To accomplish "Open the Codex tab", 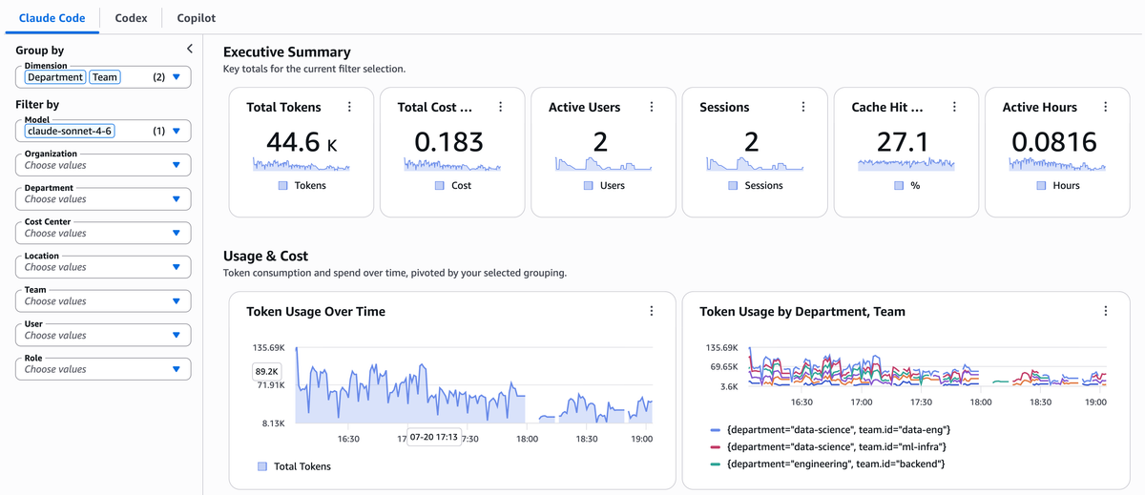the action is coord(131,18).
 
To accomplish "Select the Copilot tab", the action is coord(196,18).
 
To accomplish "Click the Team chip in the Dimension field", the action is coord(105,77).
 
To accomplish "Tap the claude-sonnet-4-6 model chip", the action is coord(70,132).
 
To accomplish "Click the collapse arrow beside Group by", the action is coord(190,49).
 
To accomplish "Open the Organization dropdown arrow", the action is coord(177,165).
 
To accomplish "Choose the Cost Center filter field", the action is coord(103,233).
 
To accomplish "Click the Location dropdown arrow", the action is coord(177,267).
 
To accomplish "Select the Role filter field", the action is coord(103,369).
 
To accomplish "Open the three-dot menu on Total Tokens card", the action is coord(349,107).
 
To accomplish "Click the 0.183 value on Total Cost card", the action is coord(448,142).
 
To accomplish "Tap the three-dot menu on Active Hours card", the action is coord(1106,107).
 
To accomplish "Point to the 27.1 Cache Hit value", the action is coord(903,142).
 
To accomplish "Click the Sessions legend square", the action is coord(733,185).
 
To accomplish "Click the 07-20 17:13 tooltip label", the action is coord(433,437).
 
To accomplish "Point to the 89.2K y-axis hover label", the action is coord(266,371).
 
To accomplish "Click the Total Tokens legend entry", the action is coord(295,466).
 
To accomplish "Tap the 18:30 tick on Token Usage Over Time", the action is coord(586,439).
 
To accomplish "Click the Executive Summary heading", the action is coord(287,52).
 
